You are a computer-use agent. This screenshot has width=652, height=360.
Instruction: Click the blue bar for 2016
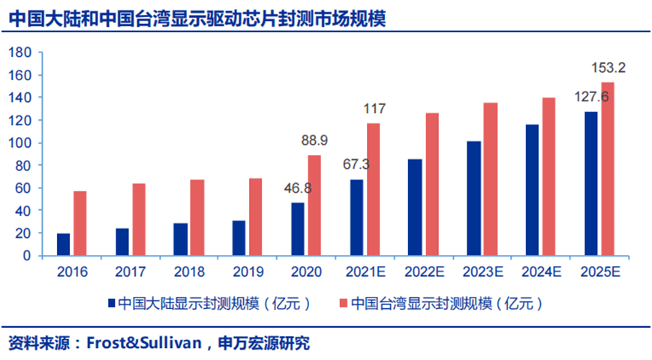64,244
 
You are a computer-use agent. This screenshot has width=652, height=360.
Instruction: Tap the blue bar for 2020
299,229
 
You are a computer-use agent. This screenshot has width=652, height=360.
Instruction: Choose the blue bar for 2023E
475,199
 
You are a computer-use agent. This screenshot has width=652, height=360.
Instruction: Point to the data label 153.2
608,67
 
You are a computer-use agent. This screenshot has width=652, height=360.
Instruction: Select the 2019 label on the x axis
248,271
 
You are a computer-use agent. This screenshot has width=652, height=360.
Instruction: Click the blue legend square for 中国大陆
112,304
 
